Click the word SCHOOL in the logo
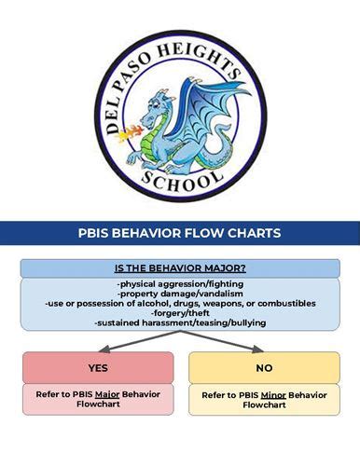click(181, 180)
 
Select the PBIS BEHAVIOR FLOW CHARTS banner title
click(180, 233)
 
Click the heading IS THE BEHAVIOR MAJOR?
click(180, 267)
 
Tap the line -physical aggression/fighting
click(180, 282)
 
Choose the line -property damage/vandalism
click(180, 293)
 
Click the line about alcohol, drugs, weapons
click(180, 303)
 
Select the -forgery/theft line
click(180, 312)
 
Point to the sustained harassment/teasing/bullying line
click(180, 322)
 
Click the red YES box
click(98, 367)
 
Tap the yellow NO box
click(264, 368)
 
